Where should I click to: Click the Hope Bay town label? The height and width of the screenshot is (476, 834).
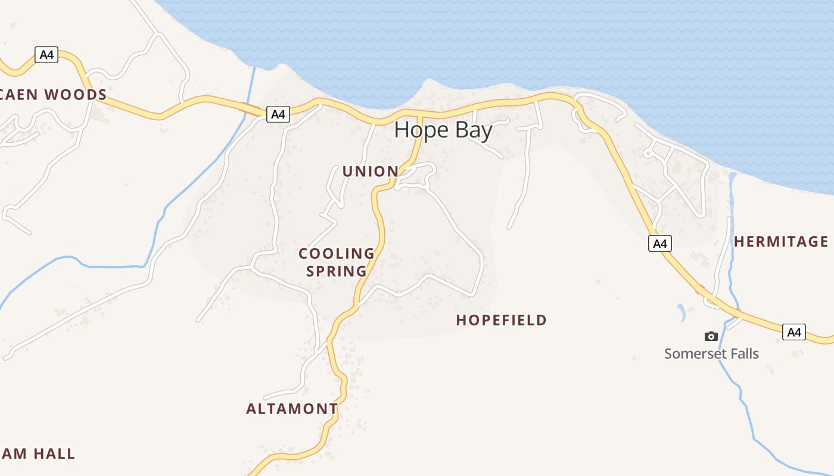click(443, 130)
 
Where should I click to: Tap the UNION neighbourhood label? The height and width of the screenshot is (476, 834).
click(370, 171)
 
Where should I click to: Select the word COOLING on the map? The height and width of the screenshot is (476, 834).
click(337, 254)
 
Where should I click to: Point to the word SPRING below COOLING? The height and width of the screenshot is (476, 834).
click(337, 271)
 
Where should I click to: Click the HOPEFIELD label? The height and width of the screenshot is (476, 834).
click(501, 320)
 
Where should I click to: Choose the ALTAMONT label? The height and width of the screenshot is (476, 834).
click(292, 409)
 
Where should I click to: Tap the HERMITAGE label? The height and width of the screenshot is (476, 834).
click(780, 242)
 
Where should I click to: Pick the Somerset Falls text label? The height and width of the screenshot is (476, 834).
click(711, 353)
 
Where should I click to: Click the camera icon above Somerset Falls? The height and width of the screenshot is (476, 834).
click(711, 337)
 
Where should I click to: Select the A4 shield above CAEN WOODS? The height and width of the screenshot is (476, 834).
click(46, 55)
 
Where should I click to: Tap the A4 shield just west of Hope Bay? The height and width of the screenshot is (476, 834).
click(278, 114)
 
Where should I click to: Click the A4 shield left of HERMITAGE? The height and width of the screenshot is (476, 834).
click(659, 243)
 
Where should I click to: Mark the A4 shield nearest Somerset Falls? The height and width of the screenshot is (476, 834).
click(793, 332)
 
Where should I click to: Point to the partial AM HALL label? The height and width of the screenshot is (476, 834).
click(38, 454)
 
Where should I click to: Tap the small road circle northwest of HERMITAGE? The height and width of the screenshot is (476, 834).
click(648, 154)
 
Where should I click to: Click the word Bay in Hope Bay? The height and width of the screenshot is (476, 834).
click(474, 130)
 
